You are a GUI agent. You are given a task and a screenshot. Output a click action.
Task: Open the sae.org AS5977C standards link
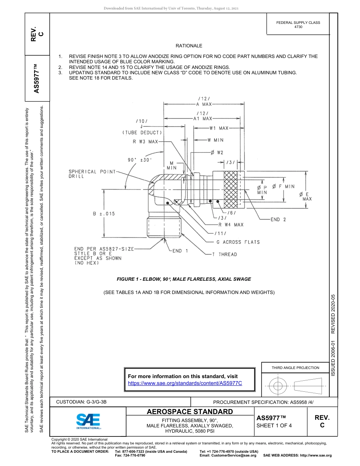point(185,383)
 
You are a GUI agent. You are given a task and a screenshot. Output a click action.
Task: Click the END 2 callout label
point(278,219)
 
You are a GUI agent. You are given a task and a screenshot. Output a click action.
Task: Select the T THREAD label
point(224,255)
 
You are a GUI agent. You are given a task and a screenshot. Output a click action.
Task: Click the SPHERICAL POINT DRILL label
point(92,174)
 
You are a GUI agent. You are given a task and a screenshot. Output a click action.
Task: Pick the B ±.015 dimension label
point(104,214)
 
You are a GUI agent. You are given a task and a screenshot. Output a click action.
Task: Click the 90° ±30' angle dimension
point(140,160)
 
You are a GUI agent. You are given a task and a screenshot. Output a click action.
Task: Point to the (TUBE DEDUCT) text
point(142,133)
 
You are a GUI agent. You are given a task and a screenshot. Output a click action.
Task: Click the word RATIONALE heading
point(189,46)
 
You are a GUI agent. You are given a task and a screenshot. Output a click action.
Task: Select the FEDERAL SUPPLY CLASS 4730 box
point(298,25)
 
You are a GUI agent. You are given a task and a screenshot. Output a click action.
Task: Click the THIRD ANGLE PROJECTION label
point(295,367)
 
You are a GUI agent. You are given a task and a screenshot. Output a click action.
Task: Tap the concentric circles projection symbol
point(278,386)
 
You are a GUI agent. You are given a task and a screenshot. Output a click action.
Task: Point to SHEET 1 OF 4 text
point(274,425)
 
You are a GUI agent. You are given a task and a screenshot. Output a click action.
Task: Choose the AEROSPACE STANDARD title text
point(190,412)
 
